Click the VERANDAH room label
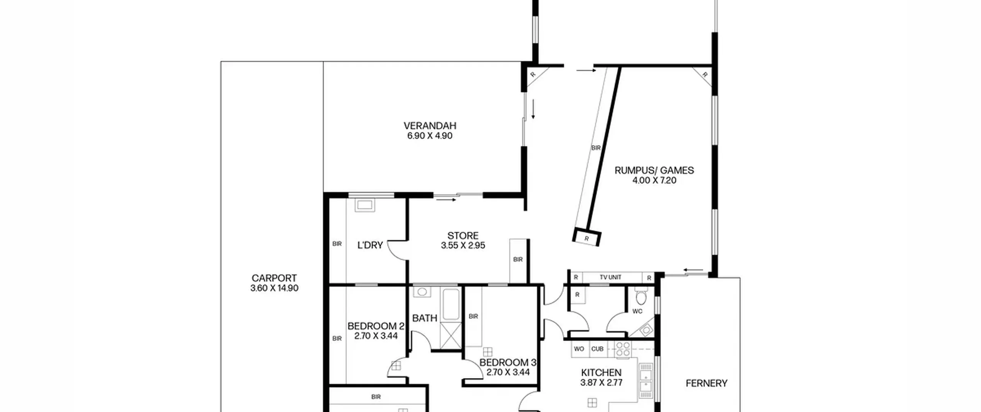point(430,126)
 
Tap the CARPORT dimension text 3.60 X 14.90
point(274,288)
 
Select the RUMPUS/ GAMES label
point(654,170)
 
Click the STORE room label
point(463,236)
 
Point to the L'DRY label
point(370,245)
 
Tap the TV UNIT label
point(610,277)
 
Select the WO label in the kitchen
point(579,349)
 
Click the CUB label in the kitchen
point(597,349)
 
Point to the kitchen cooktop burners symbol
point(623,350)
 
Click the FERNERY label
point(706,383)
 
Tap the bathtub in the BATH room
point(451,305)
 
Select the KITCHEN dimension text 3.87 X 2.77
point(601,382)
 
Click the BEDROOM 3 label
point(508,363)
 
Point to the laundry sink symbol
point(364,205)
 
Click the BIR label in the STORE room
point(518,259)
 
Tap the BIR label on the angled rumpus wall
point(596,148)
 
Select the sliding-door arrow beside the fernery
point(693,270)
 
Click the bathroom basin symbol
point(422,292)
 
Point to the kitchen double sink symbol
point(646,380)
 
